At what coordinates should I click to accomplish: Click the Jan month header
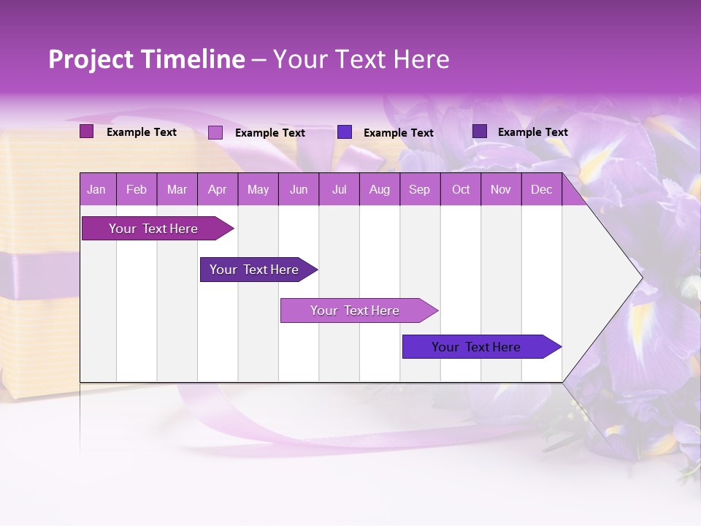[x=96, y=189]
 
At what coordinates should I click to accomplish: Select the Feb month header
[x=137, y=189]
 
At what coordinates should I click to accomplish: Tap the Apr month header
[x=217, y=189]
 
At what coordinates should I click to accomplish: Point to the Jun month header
[x=299, y=189]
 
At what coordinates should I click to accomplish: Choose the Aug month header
[x=379, y=189]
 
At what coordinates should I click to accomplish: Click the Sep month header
[x=419, y=189]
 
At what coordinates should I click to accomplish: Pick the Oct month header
[x=461, y=189]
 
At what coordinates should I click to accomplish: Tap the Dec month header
[x=541, y=189]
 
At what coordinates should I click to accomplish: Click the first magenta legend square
[x=86, y=131]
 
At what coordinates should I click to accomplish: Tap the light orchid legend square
[x=215, y=132]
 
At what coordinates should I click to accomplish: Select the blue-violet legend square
[x=345, y=132]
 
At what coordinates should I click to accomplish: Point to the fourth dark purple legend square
[x=480, y=131]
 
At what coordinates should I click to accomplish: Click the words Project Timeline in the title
[x=147, y=59]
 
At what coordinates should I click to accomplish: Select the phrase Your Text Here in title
[x=361, y=59]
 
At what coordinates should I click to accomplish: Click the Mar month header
[x=177, y=189]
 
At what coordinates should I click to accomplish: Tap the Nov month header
[x=501, y=189]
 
